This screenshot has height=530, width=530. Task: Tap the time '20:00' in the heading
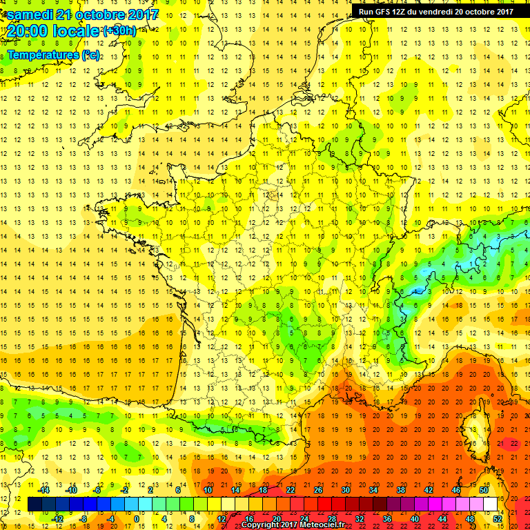(27, 30)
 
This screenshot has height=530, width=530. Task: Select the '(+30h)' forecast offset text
(119, 30)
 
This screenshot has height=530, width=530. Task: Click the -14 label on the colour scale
(45, 490)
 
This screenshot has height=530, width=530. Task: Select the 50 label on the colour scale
(484, 490)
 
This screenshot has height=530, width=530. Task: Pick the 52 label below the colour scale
(498, 520)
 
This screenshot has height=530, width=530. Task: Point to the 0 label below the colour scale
(137, 520)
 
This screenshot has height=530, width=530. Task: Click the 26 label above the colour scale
(319, 490)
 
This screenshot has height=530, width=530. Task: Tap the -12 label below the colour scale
(57, 520)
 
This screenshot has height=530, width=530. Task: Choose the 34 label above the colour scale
(373, 490)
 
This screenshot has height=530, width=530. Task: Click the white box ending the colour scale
(491, 504)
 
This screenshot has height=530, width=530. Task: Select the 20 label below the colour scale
(277, 520)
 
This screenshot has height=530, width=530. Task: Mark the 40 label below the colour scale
(415, 520)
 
